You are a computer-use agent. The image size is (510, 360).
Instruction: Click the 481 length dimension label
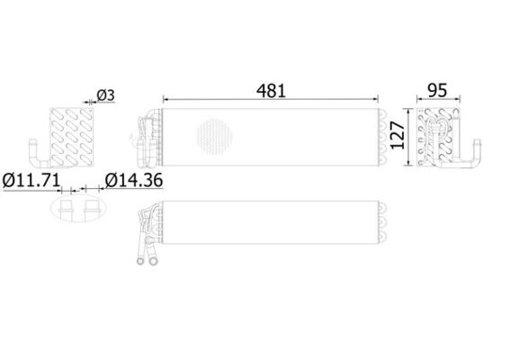tap(271, 91)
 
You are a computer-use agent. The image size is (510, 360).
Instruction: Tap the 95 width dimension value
tap(437, 91)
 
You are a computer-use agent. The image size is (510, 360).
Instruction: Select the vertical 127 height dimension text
tap(398, 135)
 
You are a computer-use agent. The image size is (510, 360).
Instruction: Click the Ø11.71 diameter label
tap(31, 181)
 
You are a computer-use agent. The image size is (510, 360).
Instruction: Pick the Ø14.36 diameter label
tap(134, 181)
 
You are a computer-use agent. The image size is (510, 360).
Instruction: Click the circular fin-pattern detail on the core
tap(215, 136)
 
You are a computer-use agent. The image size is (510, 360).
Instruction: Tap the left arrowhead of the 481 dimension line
tap(166, 99)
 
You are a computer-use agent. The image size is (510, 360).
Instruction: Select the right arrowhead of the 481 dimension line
tap(376, 99)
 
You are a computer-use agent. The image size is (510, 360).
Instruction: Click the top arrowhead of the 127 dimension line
tap(407, 111)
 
